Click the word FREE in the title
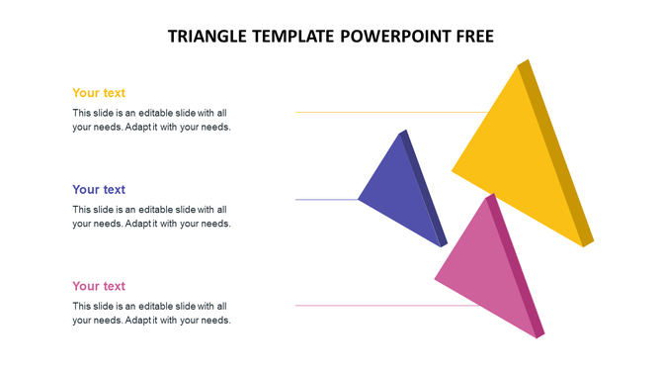pyautogui.click(x=470, y=37)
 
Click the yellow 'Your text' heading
pyautogui.click(x=99, y=93)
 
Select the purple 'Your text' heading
pyautogui.click(x=99, y=189)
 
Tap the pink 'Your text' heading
pyautogui.click(x=99, y=286)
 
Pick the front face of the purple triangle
pyautogui.click(x=402, y=193)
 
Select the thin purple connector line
pyautogui.click(x=326, y=200)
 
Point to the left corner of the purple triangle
pyautogui.click(x=361, y=199)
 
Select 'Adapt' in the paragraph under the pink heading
pyautogui.click(x=140, y=321)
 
